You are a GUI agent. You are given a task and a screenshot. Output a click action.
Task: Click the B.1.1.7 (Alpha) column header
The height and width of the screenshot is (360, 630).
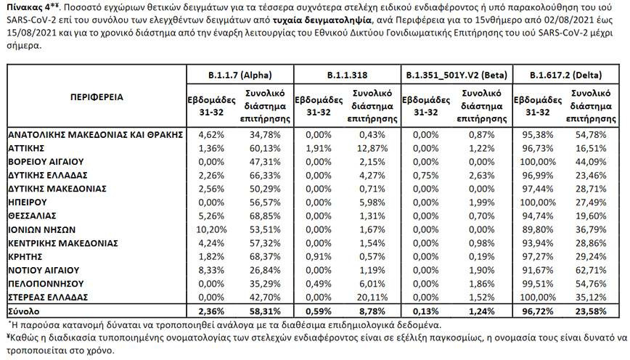click(238, 75)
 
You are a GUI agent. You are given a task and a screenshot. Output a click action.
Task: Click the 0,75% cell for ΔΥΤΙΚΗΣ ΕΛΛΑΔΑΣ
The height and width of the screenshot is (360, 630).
click(427, 176)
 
